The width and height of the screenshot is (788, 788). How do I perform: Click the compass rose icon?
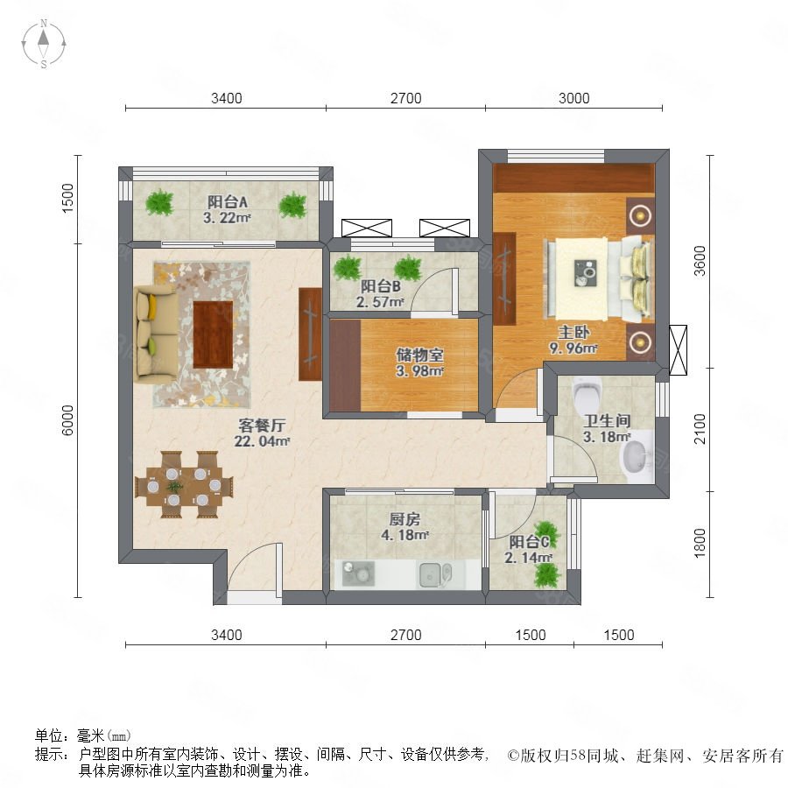pyautogui.click(x=44, y=44)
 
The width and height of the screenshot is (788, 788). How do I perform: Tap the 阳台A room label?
pyautogui.click(x=227, y=202)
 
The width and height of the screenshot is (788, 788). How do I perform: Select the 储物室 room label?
pyautogui.click(x=419, y=355)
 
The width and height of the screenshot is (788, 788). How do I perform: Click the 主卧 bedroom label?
pyautogui.click(x=573, y=332)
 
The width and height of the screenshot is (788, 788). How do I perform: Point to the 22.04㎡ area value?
pyautogui.click(x=262, y=442)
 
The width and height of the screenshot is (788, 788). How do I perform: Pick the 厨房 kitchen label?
pyautogui.click(x=405, y=519)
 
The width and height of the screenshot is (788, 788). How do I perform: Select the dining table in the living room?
pyautogui.click(x=184, y=485)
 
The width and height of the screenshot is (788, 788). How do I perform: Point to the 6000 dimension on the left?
pyautogui.click(x=67, y=420)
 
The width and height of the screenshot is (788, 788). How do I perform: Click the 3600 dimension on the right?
pyautogui.click(x=700, y=261)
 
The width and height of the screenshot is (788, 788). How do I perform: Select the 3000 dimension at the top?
pyautogui.click(x=573, y=98)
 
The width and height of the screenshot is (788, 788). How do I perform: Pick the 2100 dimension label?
pyautogui.click(x=700, y=429)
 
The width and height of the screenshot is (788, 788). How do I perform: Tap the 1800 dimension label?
pyautogui.click(x=700, y=543)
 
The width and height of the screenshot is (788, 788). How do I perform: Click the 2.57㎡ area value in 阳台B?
pyautogui.click(x=380, y=302)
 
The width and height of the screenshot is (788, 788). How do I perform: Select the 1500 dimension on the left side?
pyautogui.click(x=67, y=198)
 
